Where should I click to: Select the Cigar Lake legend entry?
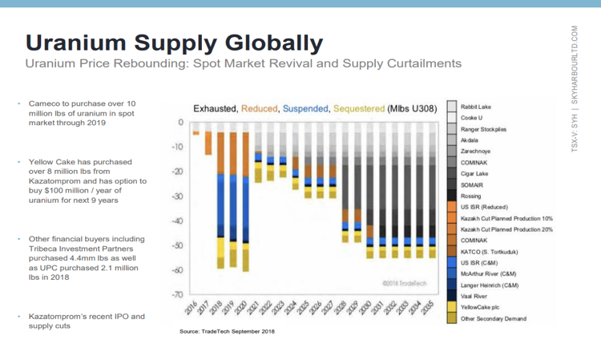[x=474, y=173]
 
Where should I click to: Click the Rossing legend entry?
[x=471, y=196]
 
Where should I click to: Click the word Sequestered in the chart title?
[x=353, y=108]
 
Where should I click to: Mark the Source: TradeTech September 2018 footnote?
[x=227, y=331]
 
